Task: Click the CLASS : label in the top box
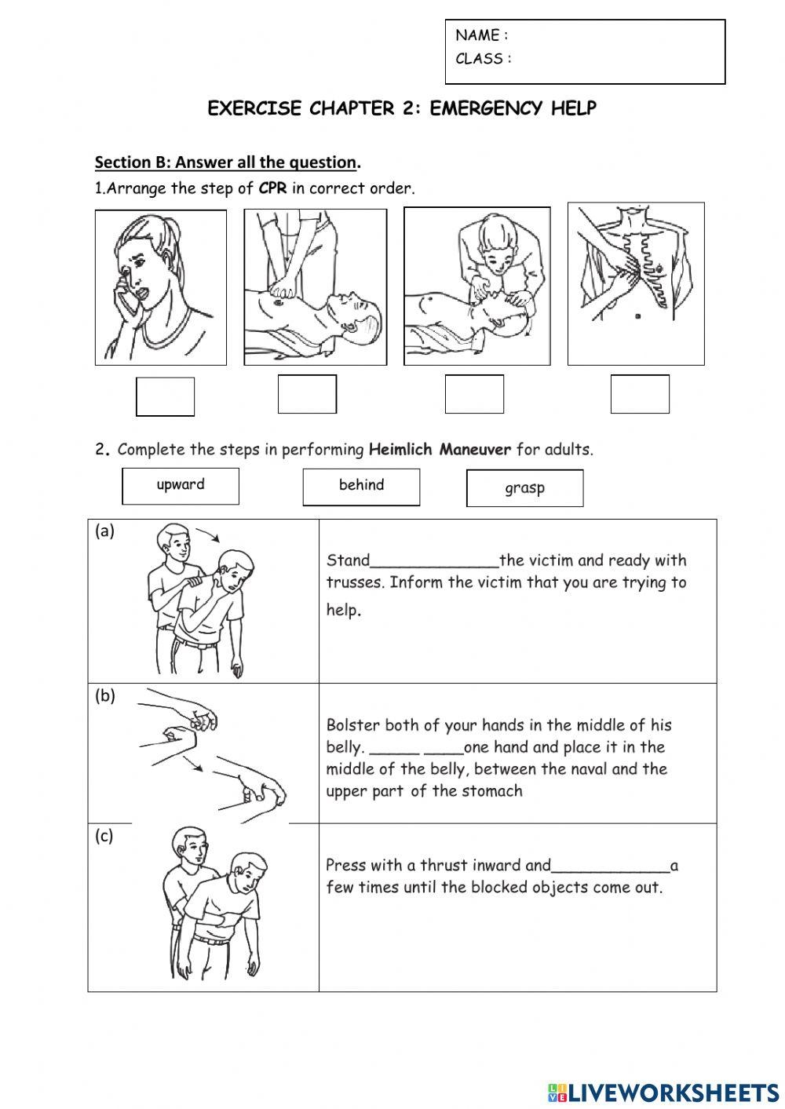point(484,59)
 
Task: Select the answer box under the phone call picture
point(165,396)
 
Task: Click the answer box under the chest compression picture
point(307,394)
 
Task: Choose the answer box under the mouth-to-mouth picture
point(474,394)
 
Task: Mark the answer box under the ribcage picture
point(640,394)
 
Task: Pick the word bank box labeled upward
point(181,486)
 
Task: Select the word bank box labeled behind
point(361,487)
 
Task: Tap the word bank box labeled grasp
point(524,488)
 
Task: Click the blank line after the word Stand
point(434,562)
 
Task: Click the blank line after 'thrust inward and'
point(610,867)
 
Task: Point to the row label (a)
point(104,531)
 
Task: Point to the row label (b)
point(104,695)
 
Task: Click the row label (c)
point(104,836)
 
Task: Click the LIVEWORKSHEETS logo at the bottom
point(663,1092)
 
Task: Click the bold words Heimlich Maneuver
point(440,450)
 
